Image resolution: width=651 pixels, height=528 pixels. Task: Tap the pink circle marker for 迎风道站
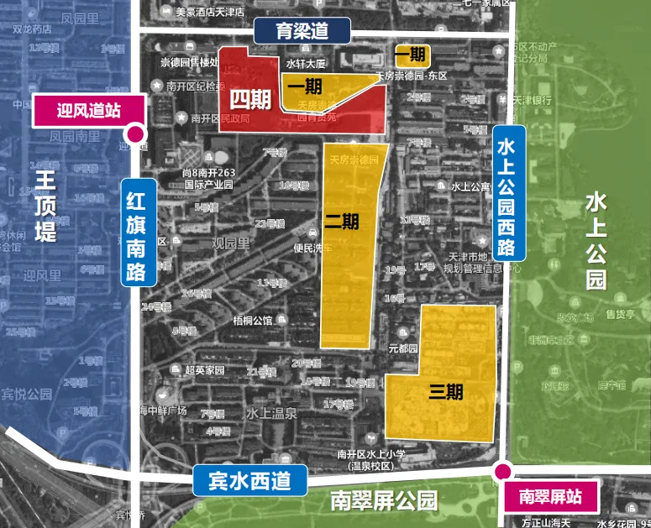click(134, 133)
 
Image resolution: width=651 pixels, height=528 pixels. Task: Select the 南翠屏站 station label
click(550, 496)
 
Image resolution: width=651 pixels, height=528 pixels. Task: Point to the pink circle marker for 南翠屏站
click(502, 471)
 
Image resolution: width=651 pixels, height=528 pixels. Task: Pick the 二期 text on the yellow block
click(342, 222)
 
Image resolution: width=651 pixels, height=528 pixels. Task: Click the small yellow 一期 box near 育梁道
click(411, 56)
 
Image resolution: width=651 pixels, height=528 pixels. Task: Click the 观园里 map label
click(231, 243)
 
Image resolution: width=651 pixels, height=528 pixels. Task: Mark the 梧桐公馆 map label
click(253, 320)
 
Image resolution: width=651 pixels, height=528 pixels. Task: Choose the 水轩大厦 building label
click(306, 63)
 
